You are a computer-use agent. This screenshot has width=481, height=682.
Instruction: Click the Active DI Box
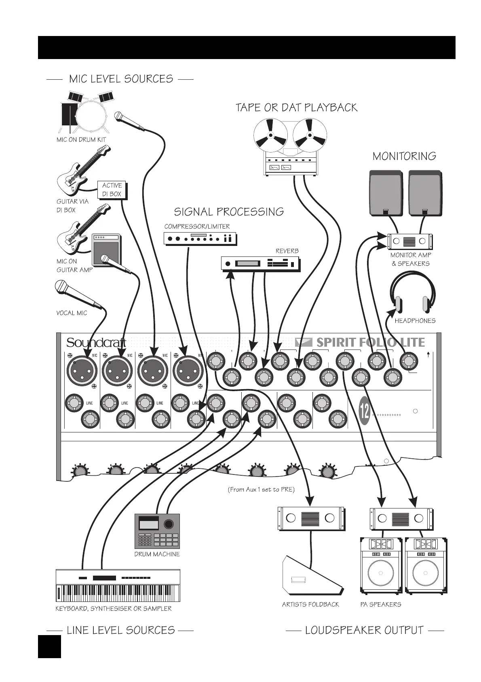112,190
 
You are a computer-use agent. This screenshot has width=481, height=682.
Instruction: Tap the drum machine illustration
157,531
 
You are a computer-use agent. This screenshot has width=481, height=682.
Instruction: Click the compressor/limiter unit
200,238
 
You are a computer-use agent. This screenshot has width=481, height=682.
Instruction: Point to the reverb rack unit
261,264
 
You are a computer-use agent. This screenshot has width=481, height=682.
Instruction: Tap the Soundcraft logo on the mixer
96,343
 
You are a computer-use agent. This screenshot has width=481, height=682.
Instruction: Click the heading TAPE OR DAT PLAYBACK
296,108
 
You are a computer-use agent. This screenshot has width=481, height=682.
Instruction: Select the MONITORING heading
404,156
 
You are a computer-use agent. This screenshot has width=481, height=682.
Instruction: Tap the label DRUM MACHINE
157,554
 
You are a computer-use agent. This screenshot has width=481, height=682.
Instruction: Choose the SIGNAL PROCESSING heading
229,212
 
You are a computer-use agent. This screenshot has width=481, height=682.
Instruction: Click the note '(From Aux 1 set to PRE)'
261,489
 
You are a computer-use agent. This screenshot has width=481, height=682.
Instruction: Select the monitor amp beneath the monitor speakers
409,241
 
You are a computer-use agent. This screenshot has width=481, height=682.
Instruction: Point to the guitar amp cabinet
106,250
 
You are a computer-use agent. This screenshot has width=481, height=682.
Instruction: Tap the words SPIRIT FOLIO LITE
371,343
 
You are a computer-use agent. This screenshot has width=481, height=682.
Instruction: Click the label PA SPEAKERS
381,604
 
